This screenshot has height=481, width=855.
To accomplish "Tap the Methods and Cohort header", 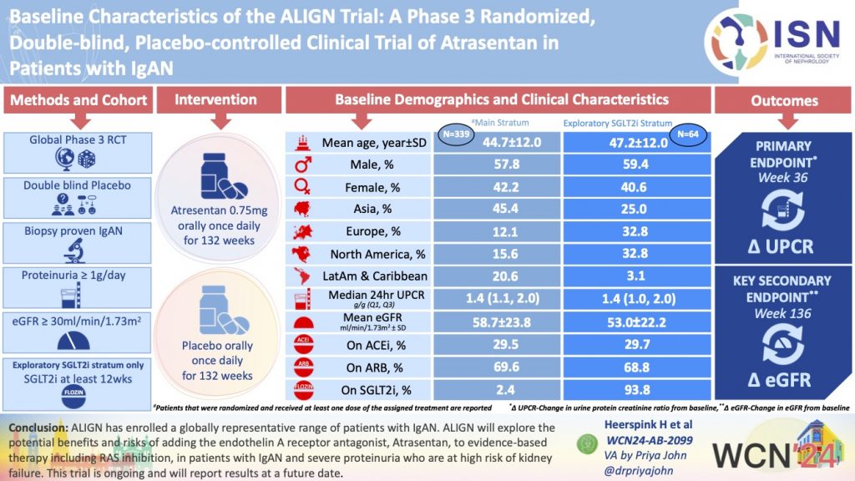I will (78, 101).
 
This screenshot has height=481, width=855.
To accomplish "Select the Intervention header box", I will (215, 100).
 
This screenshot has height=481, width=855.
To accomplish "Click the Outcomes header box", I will (784, 101).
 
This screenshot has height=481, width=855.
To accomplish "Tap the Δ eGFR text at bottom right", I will (784, 380).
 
